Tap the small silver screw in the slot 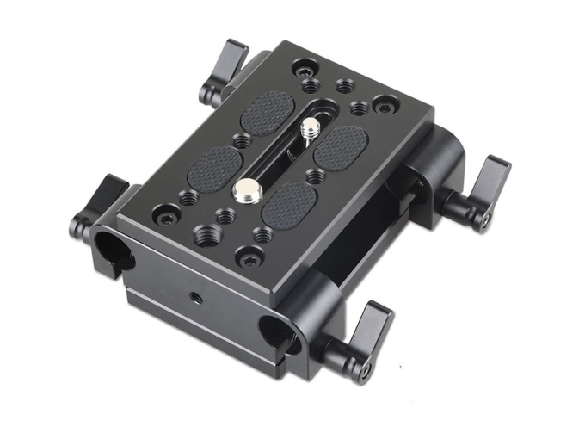click(308, 129)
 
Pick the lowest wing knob click(359, 336)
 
